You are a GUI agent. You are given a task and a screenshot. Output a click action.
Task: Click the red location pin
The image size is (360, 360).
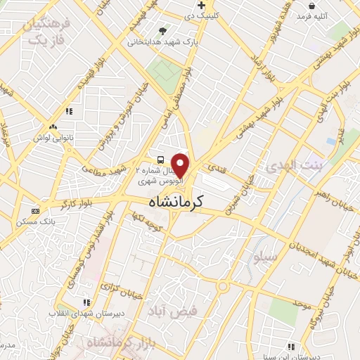[181, 165]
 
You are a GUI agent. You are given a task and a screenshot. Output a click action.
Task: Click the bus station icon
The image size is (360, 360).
[160, 160]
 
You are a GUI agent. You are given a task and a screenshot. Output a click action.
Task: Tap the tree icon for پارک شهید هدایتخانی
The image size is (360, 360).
[163, 31]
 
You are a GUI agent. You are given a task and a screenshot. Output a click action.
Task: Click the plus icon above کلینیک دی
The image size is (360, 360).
[201, 6]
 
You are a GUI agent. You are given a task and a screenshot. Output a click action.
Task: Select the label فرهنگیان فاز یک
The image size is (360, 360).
[46, 32]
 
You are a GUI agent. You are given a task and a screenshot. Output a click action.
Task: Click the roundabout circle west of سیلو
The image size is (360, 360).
[224, 286]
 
